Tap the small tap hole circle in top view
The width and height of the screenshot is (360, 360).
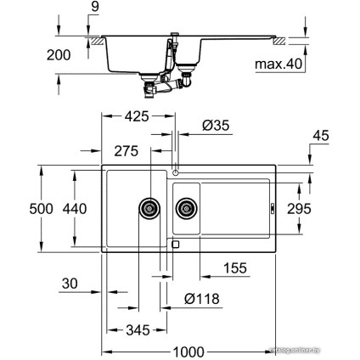pyautogui.click(x=175, y=172)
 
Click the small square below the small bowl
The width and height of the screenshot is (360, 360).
pyautogui.click(x=175, y=244)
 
